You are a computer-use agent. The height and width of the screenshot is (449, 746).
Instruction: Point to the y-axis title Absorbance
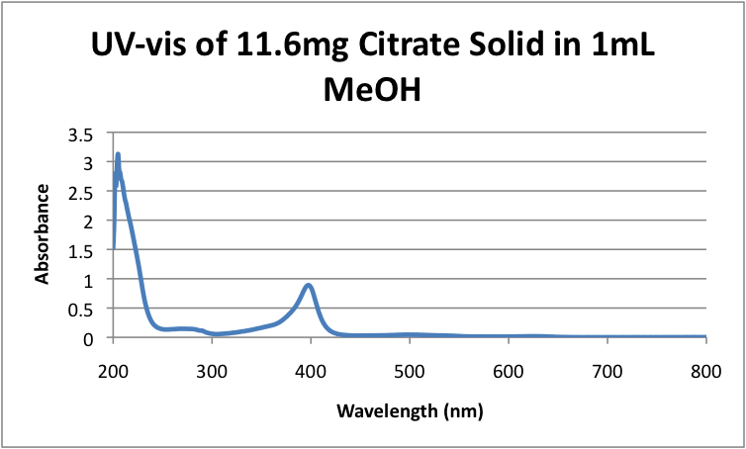coord(43,234)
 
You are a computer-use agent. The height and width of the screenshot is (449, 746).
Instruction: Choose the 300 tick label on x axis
coord(212,368)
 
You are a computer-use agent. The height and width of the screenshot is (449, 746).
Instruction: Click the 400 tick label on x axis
coord(311,368)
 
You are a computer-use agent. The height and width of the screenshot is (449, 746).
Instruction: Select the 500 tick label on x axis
coord(410,368)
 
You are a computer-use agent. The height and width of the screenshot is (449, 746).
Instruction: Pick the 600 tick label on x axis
coord(509,368)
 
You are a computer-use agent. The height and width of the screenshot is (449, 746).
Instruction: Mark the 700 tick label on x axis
coord(607,368)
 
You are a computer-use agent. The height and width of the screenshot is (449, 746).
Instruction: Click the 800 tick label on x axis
coord(705,368)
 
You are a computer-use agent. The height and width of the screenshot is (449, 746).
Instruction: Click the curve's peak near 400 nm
coord(309,286)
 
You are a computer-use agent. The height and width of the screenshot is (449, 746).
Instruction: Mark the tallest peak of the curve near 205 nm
coord(118,155)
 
